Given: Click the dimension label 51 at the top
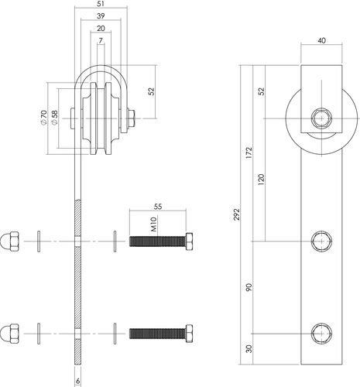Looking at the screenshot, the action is click(x=101, y=4).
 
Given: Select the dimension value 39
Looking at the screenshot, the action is click(x=101, y=16).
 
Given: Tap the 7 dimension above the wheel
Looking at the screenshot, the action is click(x=101, y=40).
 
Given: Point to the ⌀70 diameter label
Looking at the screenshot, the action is click(x=43, y=118).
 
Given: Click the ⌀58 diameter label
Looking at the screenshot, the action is click(x=55, y=118).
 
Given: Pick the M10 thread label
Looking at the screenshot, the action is click(x=154, y=224).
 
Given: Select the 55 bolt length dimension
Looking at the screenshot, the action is click(x=158, y=207).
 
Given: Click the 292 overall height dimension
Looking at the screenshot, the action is click(x=237, y=214).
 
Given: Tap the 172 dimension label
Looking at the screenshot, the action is click(x=249, y=152).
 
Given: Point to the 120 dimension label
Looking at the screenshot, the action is click(x=261, y=180).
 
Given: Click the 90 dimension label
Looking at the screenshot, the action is click(x=249, y=287).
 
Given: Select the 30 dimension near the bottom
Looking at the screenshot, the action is click(x=249, y=349).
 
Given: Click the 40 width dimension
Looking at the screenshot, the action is click(x=322, y=40).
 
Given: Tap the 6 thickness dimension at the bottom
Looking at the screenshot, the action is click(x=77, y=381).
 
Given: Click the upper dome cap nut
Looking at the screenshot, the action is click(x=10, y=241).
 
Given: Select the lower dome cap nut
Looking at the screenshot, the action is click(x=10, y=334).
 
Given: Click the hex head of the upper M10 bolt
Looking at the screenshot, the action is click(x=189, y=241).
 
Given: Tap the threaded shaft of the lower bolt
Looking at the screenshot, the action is click(x=157, y=334).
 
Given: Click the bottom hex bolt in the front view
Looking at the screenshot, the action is click(x=321, y=334).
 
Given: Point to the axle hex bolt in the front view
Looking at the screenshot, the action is click(x=321, y=118).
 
